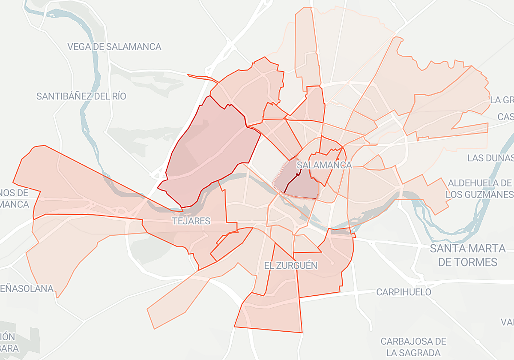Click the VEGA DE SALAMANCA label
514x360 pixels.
[114, 47]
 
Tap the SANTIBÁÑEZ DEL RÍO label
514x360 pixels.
[81, 96]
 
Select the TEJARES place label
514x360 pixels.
[191, 221]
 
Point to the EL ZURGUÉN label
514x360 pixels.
[291, 265]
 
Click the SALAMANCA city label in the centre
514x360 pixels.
[324, 165]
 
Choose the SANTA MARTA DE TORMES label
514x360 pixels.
[468, 255]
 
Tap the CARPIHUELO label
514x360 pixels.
[403, 292]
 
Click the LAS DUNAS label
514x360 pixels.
[490, 158]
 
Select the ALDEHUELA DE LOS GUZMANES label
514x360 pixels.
[479, 189]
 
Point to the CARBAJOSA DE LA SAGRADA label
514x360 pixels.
[413, 347]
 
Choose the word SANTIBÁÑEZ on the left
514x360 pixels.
[63, 96]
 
